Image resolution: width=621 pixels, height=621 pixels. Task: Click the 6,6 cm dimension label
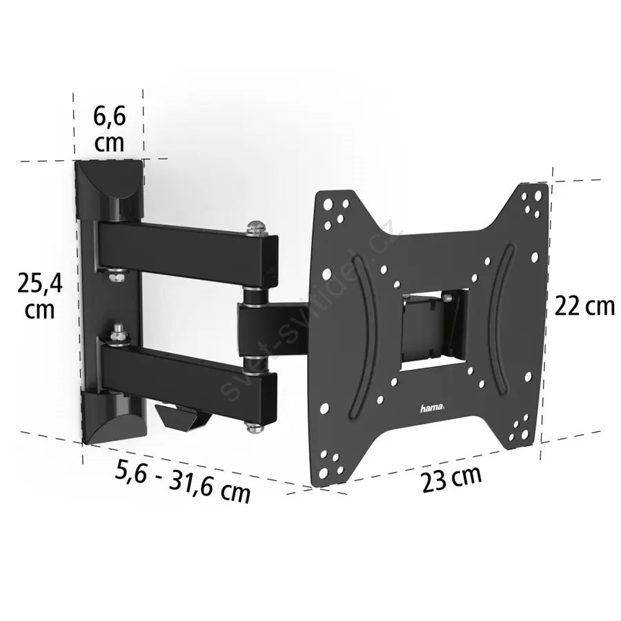(x=109, y=129)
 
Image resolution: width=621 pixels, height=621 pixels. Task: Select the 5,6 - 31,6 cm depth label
(x=183, y=481)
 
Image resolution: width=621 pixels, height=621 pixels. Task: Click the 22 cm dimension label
(x=584, y=306)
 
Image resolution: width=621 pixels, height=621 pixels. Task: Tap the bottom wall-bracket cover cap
(x=113, y=420)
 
